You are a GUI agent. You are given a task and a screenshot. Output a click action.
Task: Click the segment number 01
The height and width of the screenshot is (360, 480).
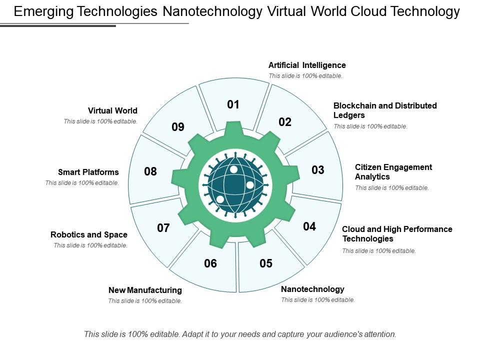(x=233, y=104)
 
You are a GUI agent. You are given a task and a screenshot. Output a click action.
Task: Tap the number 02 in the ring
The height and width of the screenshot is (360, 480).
(x=284, y=122)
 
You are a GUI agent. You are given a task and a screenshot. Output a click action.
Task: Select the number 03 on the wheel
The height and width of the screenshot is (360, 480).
(x=318, y=170)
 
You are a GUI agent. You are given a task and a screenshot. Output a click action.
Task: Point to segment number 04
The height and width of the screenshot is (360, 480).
(x=309, y=226)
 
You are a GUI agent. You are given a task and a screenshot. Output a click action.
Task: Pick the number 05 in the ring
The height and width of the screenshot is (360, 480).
(x=265, y=263)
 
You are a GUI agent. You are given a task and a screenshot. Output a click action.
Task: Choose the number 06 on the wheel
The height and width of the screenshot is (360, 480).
(x=210, y=263)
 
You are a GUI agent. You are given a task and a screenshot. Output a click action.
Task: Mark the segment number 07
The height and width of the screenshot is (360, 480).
(x=163, y=228)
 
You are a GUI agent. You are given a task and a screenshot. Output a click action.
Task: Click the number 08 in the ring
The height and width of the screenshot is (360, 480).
(x=150, y=171)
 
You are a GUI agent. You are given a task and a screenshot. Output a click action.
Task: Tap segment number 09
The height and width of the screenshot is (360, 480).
(x=178, y=126)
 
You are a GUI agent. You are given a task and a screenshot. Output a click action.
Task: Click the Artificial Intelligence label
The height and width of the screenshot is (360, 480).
(x=307, y=65)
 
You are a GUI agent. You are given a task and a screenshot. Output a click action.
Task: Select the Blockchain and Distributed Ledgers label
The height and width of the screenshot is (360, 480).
(x=385, y=110)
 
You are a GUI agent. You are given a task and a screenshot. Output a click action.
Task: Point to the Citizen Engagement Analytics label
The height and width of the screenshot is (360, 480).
(x=393, y=171)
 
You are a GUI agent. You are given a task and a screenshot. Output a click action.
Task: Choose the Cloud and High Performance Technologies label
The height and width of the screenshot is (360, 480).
(x=397, y=234)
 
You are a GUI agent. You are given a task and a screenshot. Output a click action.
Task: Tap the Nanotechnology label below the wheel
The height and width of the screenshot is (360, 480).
(x=312, y=289)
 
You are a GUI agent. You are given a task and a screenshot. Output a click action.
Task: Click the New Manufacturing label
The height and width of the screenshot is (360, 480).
(x=145, y=290)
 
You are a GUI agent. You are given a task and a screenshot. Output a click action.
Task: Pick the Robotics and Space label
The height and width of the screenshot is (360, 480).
(x=89, y=235)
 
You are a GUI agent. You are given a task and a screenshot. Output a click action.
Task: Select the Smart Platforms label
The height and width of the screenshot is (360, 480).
(x=88, y=172)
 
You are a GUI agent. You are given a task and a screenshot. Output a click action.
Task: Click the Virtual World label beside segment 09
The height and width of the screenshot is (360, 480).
(x=112, y=111)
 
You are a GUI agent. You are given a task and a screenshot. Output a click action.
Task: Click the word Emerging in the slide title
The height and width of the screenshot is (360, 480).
(x=44, y=11)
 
